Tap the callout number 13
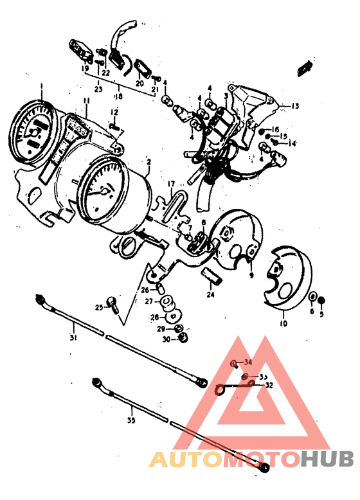(x=294, y=105)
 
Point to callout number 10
(x=282, y=324)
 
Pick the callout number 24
(x=210, y=295)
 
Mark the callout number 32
(x=268, y=386)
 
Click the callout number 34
(x=249, y=362)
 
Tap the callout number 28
(x=154, y=317)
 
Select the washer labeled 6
(x=312, y=297)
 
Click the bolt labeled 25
(x=113, y=303)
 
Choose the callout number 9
(x=251, y=275)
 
